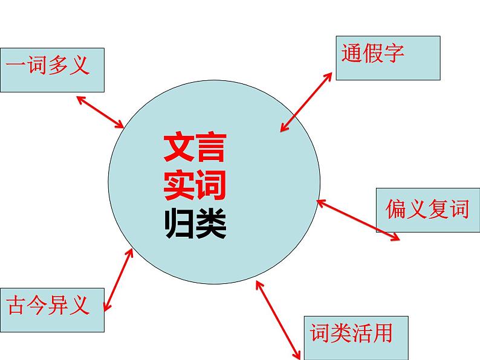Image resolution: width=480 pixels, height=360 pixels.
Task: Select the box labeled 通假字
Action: (x=388, y=57)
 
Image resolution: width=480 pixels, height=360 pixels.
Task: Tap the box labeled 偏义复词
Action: (x=428, y=210)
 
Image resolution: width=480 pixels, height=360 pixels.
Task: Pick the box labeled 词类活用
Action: (x=356, y=338)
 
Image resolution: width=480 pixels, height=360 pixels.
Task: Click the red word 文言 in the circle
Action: (x=195, y=147)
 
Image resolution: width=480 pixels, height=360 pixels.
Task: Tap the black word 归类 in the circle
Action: (x=195, y=225)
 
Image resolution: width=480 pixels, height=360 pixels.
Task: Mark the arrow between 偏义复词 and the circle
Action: (x=358, y=220)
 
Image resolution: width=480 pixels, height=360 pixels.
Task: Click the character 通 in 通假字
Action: (x=352, y=54)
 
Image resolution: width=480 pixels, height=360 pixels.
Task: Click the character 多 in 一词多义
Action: (x=59, y=65)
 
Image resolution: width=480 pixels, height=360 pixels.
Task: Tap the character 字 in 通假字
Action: (x=394, y=54)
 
